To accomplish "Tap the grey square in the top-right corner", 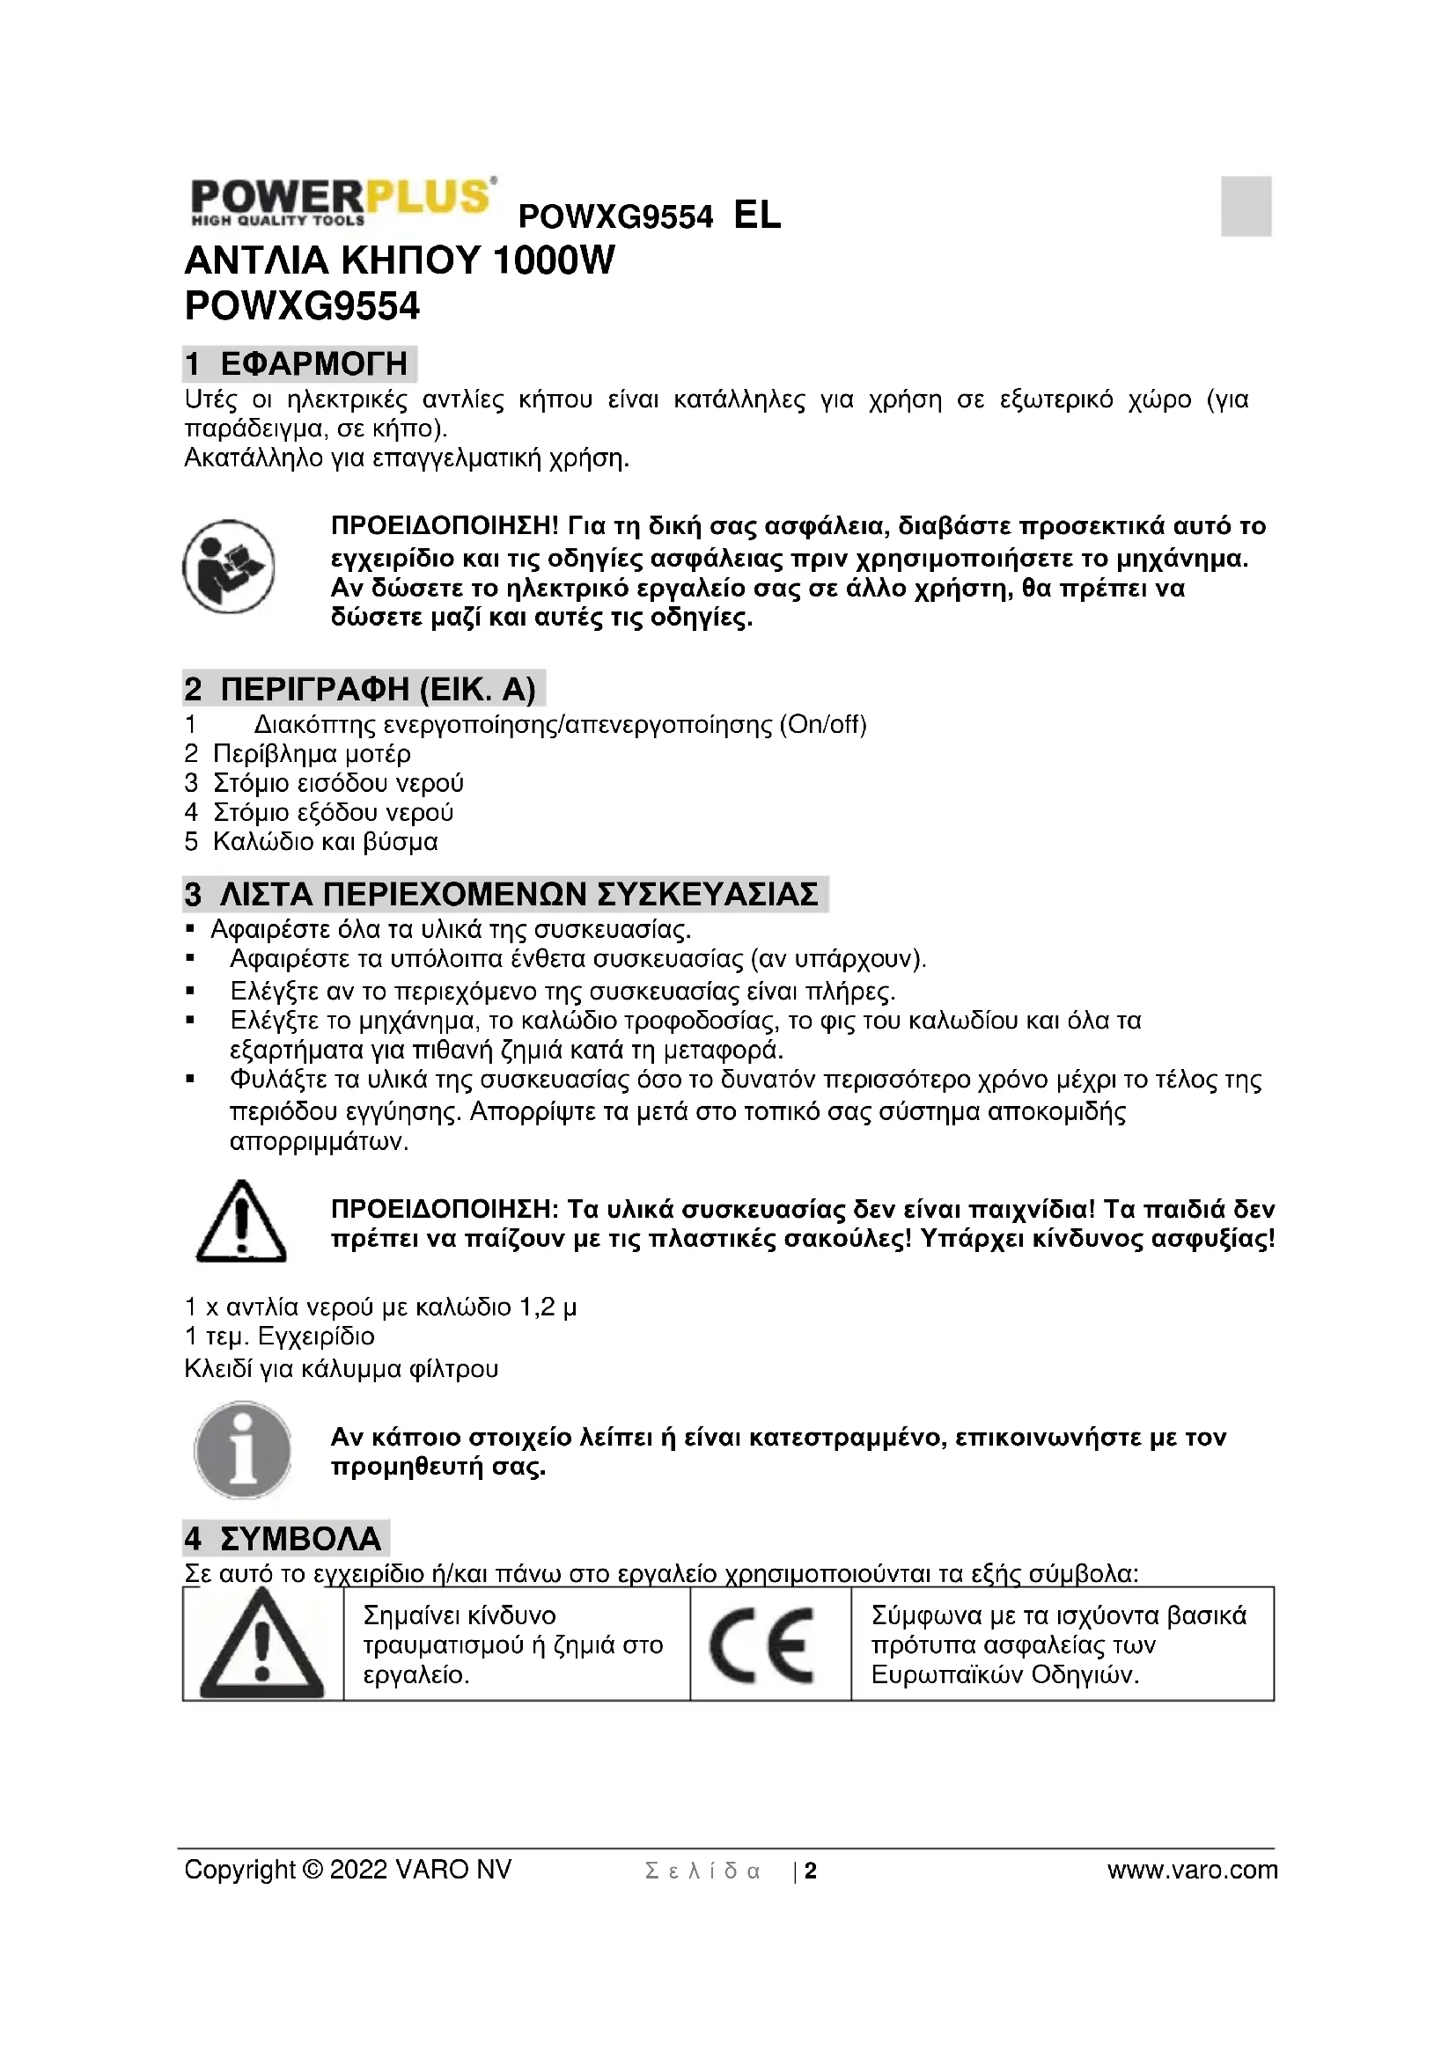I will (x=1246, y=206).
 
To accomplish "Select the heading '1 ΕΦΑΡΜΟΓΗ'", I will (x=298, y=364).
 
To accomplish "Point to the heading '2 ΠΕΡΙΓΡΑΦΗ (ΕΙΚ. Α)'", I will (x=361, y=689).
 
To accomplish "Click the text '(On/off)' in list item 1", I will (x=822, y=724).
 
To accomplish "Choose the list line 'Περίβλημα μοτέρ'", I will (x=311, y=754).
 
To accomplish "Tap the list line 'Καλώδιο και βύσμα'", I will (x=325, y=842).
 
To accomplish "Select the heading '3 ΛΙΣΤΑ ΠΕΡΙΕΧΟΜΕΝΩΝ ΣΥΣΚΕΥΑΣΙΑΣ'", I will (x=504, y=896).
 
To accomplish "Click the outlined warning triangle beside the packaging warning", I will (x=240, y=1223).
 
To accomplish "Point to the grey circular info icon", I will (x=242, y=1449).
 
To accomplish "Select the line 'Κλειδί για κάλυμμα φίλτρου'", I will (x=341, y=1369).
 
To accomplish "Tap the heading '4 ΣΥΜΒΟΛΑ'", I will (x=285, y=1539).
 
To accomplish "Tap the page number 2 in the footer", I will (x=811, y=1871).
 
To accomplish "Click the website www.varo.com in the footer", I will (x=1192, y=1870).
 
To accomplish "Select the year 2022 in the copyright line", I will (x=358, y=1870).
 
